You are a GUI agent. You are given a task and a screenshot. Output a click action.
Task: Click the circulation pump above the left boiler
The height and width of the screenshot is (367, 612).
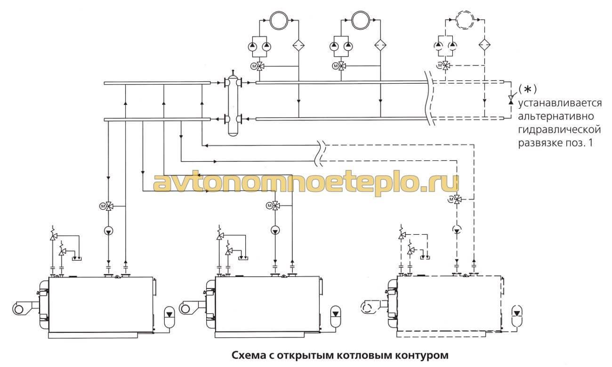coord(108,231)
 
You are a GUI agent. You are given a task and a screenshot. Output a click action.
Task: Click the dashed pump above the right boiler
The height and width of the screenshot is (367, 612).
coord(456,230)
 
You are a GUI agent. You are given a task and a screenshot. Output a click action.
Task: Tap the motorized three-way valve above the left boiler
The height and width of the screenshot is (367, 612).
coord(108,206)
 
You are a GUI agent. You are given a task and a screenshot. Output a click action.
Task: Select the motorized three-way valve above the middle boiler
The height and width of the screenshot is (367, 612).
coord(275,206)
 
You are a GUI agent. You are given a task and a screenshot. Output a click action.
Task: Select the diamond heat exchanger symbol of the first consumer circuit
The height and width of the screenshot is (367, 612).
coord(298,46)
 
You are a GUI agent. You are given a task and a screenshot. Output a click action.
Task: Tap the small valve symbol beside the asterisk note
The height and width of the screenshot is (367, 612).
coord(510,100)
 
